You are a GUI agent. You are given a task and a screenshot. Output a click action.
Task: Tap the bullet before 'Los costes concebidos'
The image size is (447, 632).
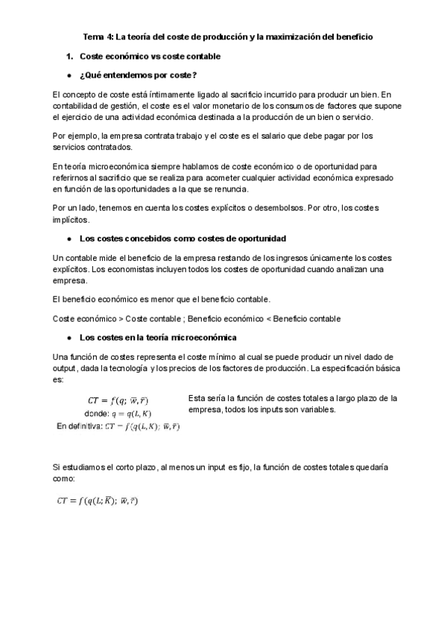point(69,239)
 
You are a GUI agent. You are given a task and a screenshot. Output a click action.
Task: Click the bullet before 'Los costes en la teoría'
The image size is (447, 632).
point(69,338)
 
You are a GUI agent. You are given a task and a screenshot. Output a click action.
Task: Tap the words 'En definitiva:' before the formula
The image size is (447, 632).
point(80,426)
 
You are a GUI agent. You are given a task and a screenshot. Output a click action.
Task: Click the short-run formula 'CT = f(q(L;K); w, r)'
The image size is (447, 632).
point(98,501)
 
